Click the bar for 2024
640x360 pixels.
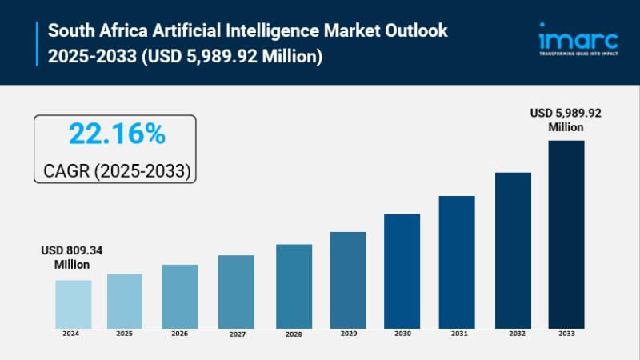coord(73,303)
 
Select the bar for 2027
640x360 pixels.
coord(236,291)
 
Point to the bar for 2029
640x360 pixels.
coord(348,279)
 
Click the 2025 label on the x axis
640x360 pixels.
coord(124,333)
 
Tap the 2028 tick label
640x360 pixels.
coord(294,333)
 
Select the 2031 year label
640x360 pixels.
coord(457,333)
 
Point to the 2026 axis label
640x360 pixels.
coord(179,334)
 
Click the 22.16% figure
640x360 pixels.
coord(117,134)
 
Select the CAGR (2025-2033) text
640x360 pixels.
coord(116,170)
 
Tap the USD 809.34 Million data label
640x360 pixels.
coord(72,257)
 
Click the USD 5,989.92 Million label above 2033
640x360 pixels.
coord(566,120)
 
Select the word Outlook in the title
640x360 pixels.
coord(413,30)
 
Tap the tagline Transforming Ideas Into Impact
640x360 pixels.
coord(578,54)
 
